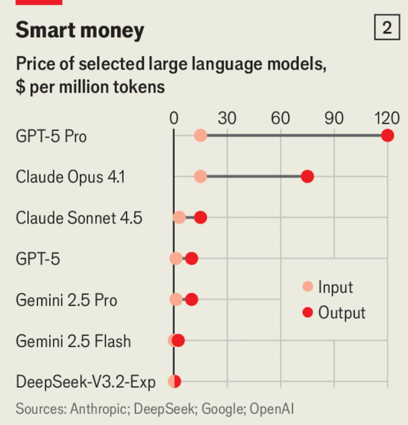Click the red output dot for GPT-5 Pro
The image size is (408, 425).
click(x=388, y=136)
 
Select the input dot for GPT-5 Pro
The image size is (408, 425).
click(x=200, y=136)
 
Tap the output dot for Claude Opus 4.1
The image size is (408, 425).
click(x=307, y=177)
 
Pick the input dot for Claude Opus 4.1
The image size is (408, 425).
click(x=200, y=177)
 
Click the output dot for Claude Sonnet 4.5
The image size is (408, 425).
click(x=200, y=218)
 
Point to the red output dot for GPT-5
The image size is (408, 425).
click(x=192, y=259)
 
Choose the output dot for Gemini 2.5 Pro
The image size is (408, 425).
click(x=192, y=300)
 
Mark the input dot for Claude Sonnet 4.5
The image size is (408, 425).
click(x=179, y=218)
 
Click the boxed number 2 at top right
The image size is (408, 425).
click(x=387, y=28)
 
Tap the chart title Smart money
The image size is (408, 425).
click(x=80, y=30)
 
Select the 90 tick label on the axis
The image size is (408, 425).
click(x=334, y=118)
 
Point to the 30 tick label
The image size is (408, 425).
click(x=227, y=118)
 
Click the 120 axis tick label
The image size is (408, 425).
click(x=387, y=118)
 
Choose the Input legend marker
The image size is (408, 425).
click(x=307, y=286)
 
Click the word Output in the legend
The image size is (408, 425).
click(x=342, y=313)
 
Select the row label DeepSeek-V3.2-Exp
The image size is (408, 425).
click(x=86, y=382)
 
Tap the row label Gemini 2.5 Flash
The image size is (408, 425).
click(x=73, y=341)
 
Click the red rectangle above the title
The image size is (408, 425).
click(x=39, y=2)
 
